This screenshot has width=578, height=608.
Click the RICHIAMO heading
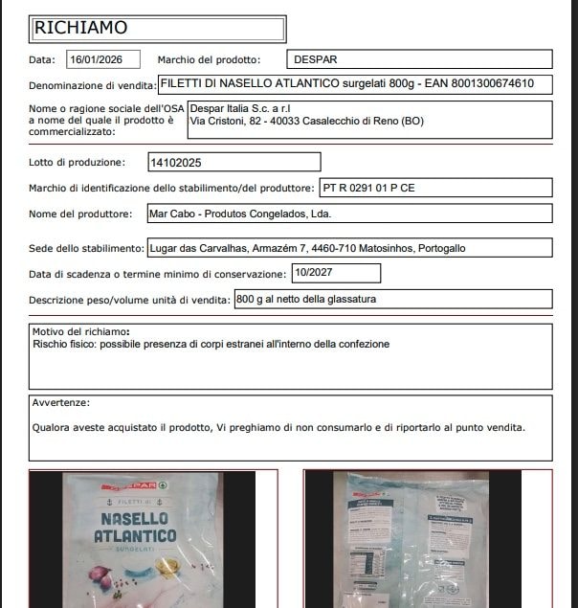tap(80, 28)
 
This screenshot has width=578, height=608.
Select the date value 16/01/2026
tap(103, 59)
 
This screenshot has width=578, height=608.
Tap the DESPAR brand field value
tap(315, 59)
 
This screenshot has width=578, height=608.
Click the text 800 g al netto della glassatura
tap(306, 300)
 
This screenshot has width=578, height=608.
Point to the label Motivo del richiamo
tap(81, 332)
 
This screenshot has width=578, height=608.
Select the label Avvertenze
tap(61, 403)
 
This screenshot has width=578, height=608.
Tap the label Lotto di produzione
tap(78, 163)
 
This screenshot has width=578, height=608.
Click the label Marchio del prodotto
tap(209, 59)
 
